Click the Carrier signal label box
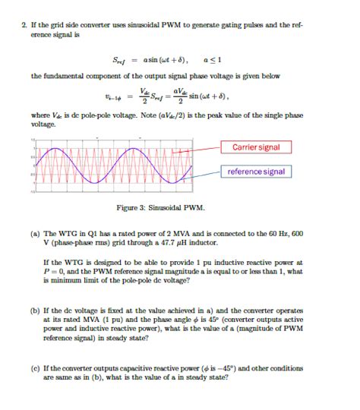pyautogui.click(x=257, y=147)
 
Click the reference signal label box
pyautogui.click(x=257, y=171)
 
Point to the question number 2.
pyautogui.click(x=24, y=25)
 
